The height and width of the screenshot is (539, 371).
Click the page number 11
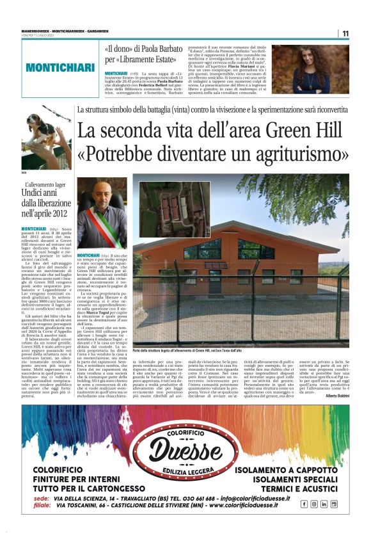coord(345,33)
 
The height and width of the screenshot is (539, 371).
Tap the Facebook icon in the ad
coord(304,504)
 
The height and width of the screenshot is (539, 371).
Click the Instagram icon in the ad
coord(314,504)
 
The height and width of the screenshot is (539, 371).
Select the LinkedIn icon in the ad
coord(324,504)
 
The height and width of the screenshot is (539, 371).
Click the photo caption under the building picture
coord(192,351)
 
